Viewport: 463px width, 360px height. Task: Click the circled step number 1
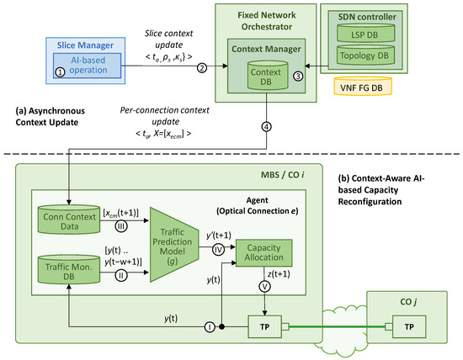[x=60, y=71]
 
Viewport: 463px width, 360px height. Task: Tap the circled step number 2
[x=202, y=68]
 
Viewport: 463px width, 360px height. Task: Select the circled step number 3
[x=298, y=77]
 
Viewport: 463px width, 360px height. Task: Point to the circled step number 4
[x=266, y=127]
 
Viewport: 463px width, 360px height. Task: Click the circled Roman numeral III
[x=121, y=226]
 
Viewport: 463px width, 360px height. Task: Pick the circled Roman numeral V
[x=264, y=286]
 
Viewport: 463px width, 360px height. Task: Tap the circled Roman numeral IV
[x=218, y=250]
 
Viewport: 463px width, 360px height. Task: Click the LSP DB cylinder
[x=366, y=33]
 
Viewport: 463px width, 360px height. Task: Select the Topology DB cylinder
[x=366, y=55]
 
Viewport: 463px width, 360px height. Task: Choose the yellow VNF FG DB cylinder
[x=363, y=86]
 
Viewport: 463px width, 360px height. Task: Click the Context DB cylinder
[x=268, y=75]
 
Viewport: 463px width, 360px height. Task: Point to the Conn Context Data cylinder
[x=69, y=220]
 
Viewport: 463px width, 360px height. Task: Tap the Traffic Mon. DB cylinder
[x=69, y=270]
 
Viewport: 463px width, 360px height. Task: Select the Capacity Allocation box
[x=263, y=253]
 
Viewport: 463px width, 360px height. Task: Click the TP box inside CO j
[x=409, y=326]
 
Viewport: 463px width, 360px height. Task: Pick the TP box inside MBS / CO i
[x=265, y=326]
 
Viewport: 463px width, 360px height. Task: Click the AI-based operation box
[x=87, y=66]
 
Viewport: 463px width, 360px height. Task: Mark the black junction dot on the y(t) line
[x=221, y=326]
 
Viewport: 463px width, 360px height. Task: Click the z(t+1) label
[x=279, y=274]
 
